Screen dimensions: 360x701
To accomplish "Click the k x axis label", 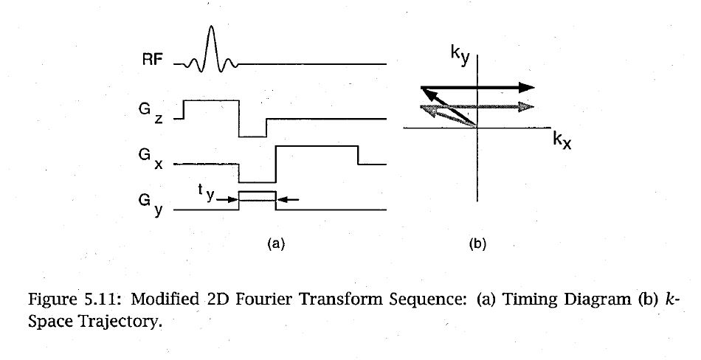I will click(562, 140).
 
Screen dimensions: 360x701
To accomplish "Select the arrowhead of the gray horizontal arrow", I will click(525, 107).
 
